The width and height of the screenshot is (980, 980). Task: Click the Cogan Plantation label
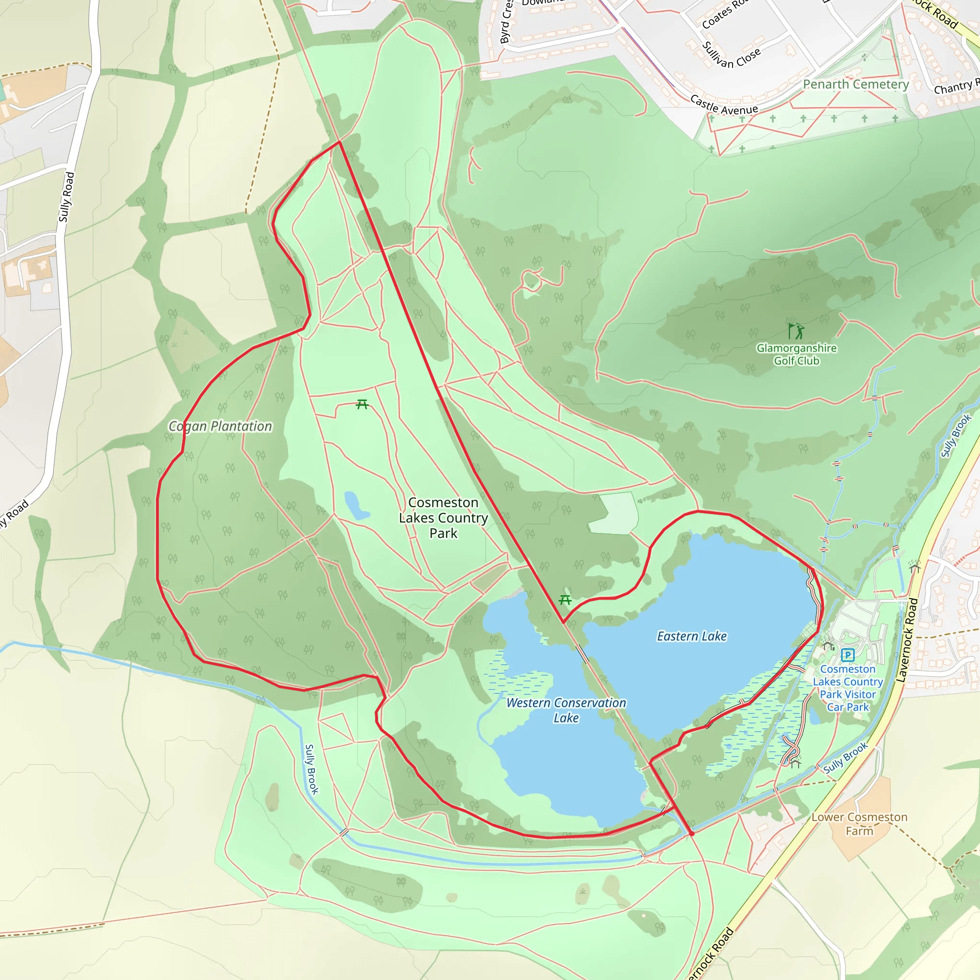coord(220,426)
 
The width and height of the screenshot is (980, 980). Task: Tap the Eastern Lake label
coord(691,636)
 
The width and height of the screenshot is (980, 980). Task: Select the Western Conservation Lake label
coord(566,710)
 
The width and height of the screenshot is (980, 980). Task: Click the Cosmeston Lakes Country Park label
coord(443,518)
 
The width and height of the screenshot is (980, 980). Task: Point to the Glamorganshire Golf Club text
coord(796,355)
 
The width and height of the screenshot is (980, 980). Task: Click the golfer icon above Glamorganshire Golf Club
coord(796,331)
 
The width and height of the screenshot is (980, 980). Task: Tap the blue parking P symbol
coord(847,655)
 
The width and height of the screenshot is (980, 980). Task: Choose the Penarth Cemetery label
coord(856,84)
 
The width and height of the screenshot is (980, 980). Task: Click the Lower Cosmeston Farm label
coord(859,824)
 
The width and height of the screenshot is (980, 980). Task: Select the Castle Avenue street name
coord(724,105)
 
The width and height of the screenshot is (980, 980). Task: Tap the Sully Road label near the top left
coord(67,197)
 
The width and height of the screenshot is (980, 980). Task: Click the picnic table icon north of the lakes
coord(565,600)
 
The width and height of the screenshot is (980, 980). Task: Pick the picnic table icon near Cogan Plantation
coord(362,404)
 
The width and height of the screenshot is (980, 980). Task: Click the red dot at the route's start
coord(691,834)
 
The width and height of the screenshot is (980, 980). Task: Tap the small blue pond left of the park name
coord(356,505)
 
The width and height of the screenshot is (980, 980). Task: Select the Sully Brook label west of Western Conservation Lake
coord(312,769)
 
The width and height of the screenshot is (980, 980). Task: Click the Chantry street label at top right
coord(956,87)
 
